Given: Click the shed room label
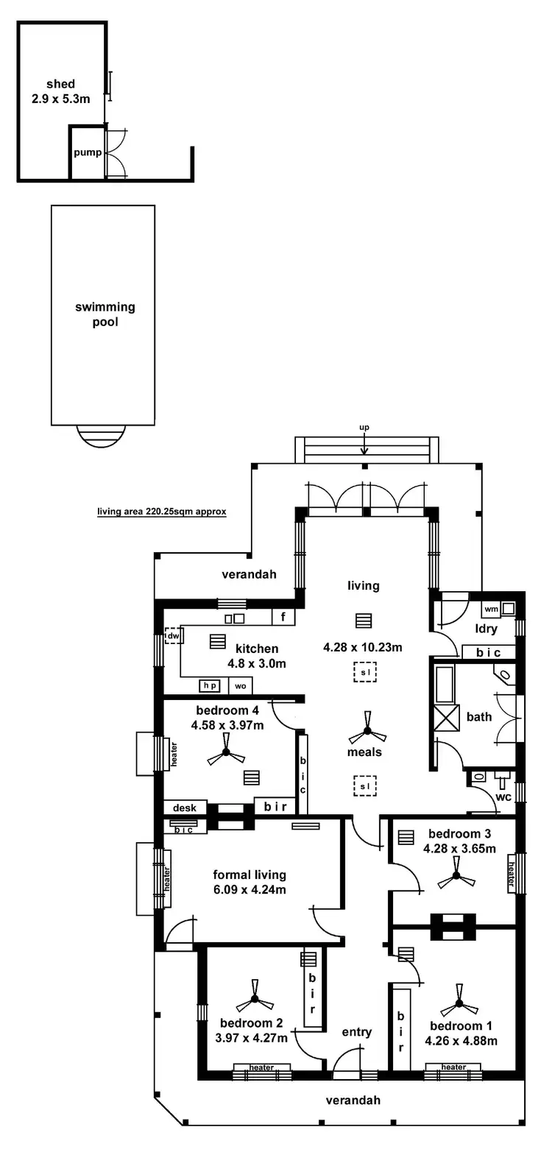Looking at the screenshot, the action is (60, 84).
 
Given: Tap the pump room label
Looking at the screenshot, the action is (87, 153).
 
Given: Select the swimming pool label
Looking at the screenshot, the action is (105, 314).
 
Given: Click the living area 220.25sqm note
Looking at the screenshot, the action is (162, 512).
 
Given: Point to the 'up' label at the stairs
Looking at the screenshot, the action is (364, 427).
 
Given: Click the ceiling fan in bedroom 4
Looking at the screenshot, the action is (226, 753).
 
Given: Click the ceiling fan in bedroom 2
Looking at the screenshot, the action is (255, 999).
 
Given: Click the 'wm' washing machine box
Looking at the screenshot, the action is (491, 610).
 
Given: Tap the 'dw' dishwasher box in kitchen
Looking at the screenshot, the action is (173, 635).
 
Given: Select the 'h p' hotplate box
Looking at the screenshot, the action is (210, 685).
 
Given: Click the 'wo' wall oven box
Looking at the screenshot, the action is (240, 686).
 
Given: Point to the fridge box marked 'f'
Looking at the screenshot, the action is (283, 617).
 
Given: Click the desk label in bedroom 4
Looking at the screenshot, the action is (185, 808).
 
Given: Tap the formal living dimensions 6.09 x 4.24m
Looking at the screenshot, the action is (250, 889).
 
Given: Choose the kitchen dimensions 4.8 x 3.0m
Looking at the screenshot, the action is (257, 663).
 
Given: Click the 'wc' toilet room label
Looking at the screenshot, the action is (503, 797).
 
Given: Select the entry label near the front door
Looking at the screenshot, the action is (357, 1032).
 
